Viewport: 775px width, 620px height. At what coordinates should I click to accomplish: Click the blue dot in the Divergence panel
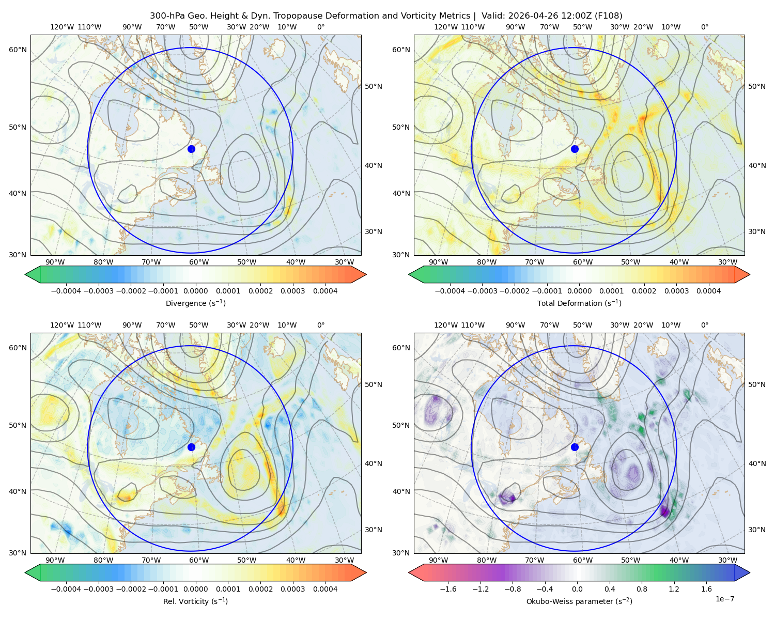tap(191, 149)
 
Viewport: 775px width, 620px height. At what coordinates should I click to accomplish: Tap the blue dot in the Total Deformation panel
tap(575, 149)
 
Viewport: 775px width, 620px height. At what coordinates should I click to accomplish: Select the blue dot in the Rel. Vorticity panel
tap(191, 447)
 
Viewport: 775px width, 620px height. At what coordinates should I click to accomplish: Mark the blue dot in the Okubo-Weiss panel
tap(575, 447)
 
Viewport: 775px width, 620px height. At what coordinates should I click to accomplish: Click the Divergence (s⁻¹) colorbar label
tap(195, 303)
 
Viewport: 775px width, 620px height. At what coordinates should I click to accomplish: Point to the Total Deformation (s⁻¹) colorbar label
tap(579, 303)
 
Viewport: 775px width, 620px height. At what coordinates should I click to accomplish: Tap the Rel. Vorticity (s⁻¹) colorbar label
tap(195, 601)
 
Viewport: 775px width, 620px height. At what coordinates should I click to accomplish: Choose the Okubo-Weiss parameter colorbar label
tap(579, 601)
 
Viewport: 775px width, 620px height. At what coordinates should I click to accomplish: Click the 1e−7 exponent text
tap(724, 599)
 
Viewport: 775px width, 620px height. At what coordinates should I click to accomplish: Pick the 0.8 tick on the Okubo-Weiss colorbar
tap(641, 588)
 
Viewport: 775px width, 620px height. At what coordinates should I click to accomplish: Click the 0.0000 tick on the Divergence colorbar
tap(195, 291)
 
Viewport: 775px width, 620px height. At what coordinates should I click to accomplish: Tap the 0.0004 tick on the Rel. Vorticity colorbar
tap(325, 588)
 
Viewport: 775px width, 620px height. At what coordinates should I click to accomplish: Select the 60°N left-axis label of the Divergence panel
tap(18, 50)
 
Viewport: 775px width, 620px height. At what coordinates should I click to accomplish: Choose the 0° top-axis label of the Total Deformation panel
tap(704, 27)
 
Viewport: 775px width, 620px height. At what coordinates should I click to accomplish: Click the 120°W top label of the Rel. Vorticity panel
tap(62, 325)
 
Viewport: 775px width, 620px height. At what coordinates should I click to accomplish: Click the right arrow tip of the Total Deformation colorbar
tap(750, 274)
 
